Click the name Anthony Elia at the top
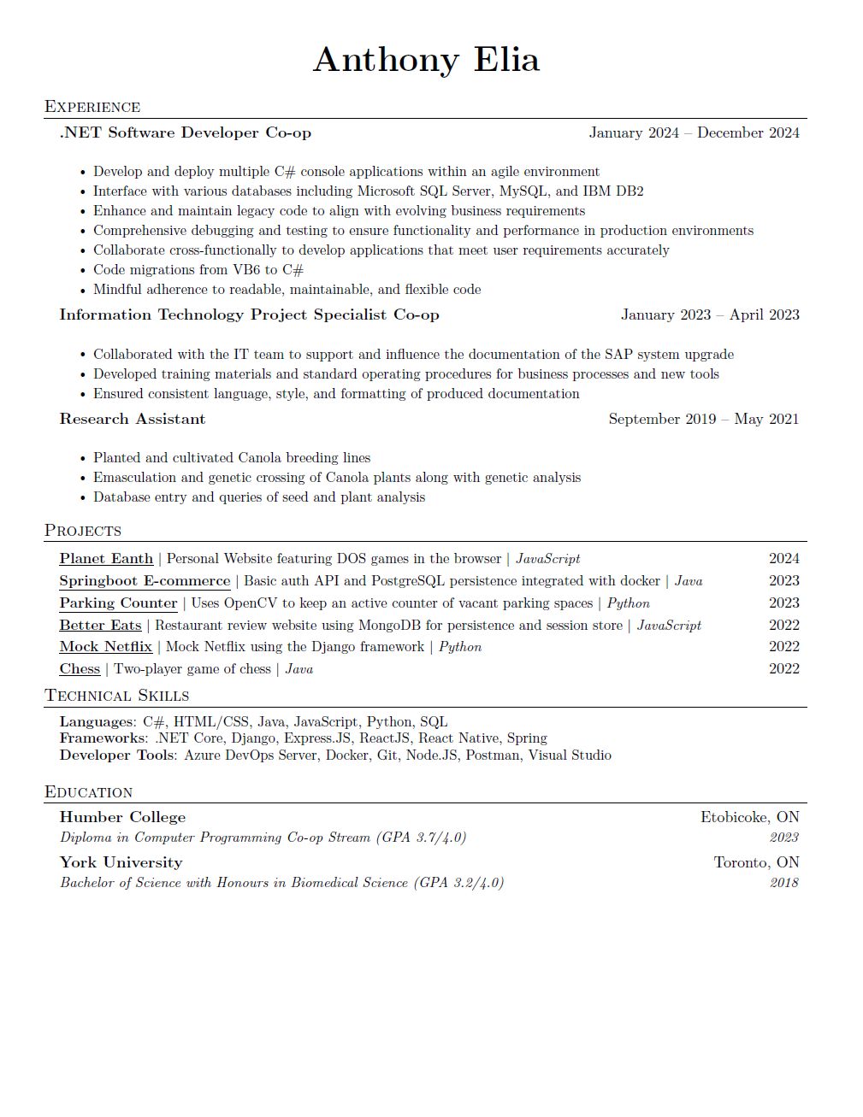click(x=426, y=60)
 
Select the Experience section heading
click(x=92, y=107)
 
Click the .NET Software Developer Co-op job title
click(x=186, y=132)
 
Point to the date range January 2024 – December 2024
click(x=694, y=132)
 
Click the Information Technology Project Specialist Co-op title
click(x=249, y=315)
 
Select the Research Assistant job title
click(x=133, y=419)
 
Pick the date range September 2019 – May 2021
click(x=703, y=419)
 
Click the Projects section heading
click(x=83, y=531)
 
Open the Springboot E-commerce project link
click(x=145, y=581)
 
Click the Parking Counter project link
click(x=118, y=603)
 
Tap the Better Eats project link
click(x=100, y=626)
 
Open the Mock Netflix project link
click(x=106, y=647)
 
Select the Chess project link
click(x=80, y=669)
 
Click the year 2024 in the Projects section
click(x=783, y=559)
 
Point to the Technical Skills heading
click(x=117, y=696)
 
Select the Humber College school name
click(x=122, y=817)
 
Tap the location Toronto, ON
click(x=756, y=862)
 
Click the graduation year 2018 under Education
click(x=783, y=883)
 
